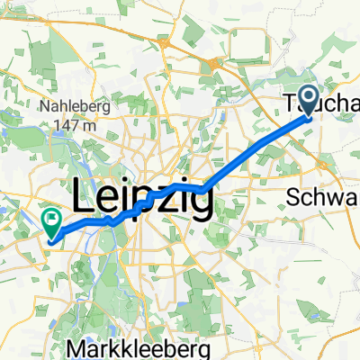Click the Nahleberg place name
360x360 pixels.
(73, 106)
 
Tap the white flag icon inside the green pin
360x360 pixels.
(51, 217)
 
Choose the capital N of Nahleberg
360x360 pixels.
(42, 106)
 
